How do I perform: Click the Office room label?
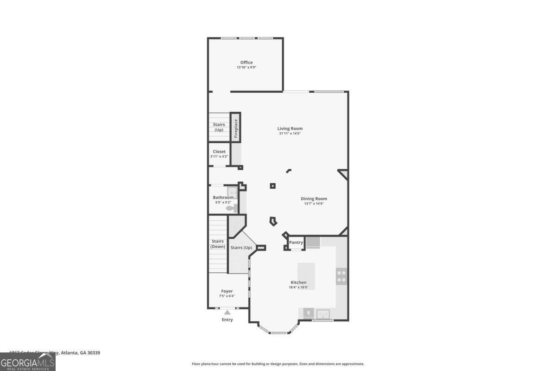tap(246, 63)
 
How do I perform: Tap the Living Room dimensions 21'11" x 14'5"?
tap(290, 134)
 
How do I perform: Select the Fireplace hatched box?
tap(235, 127)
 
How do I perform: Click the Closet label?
tap(219, 152)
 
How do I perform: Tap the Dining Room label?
tap(314, 198)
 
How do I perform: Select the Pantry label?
tap(296, 243)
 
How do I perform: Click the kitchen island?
tap(306, 275)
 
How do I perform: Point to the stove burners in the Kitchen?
tap(341, 276)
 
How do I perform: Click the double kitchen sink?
tap(323, 313)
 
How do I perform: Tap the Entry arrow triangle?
tap(227, 313)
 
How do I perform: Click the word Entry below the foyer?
tap(227, 320)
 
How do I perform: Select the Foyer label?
tap(227, 291)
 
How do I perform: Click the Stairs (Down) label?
tap(218, 244)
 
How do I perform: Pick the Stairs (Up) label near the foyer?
tap(241, 248)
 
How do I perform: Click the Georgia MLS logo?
tap(28, 362)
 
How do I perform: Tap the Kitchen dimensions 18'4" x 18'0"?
tap(298, 287)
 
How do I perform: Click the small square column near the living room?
tap(273, 186)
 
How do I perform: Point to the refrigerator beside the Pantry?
tap(313, 242)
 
